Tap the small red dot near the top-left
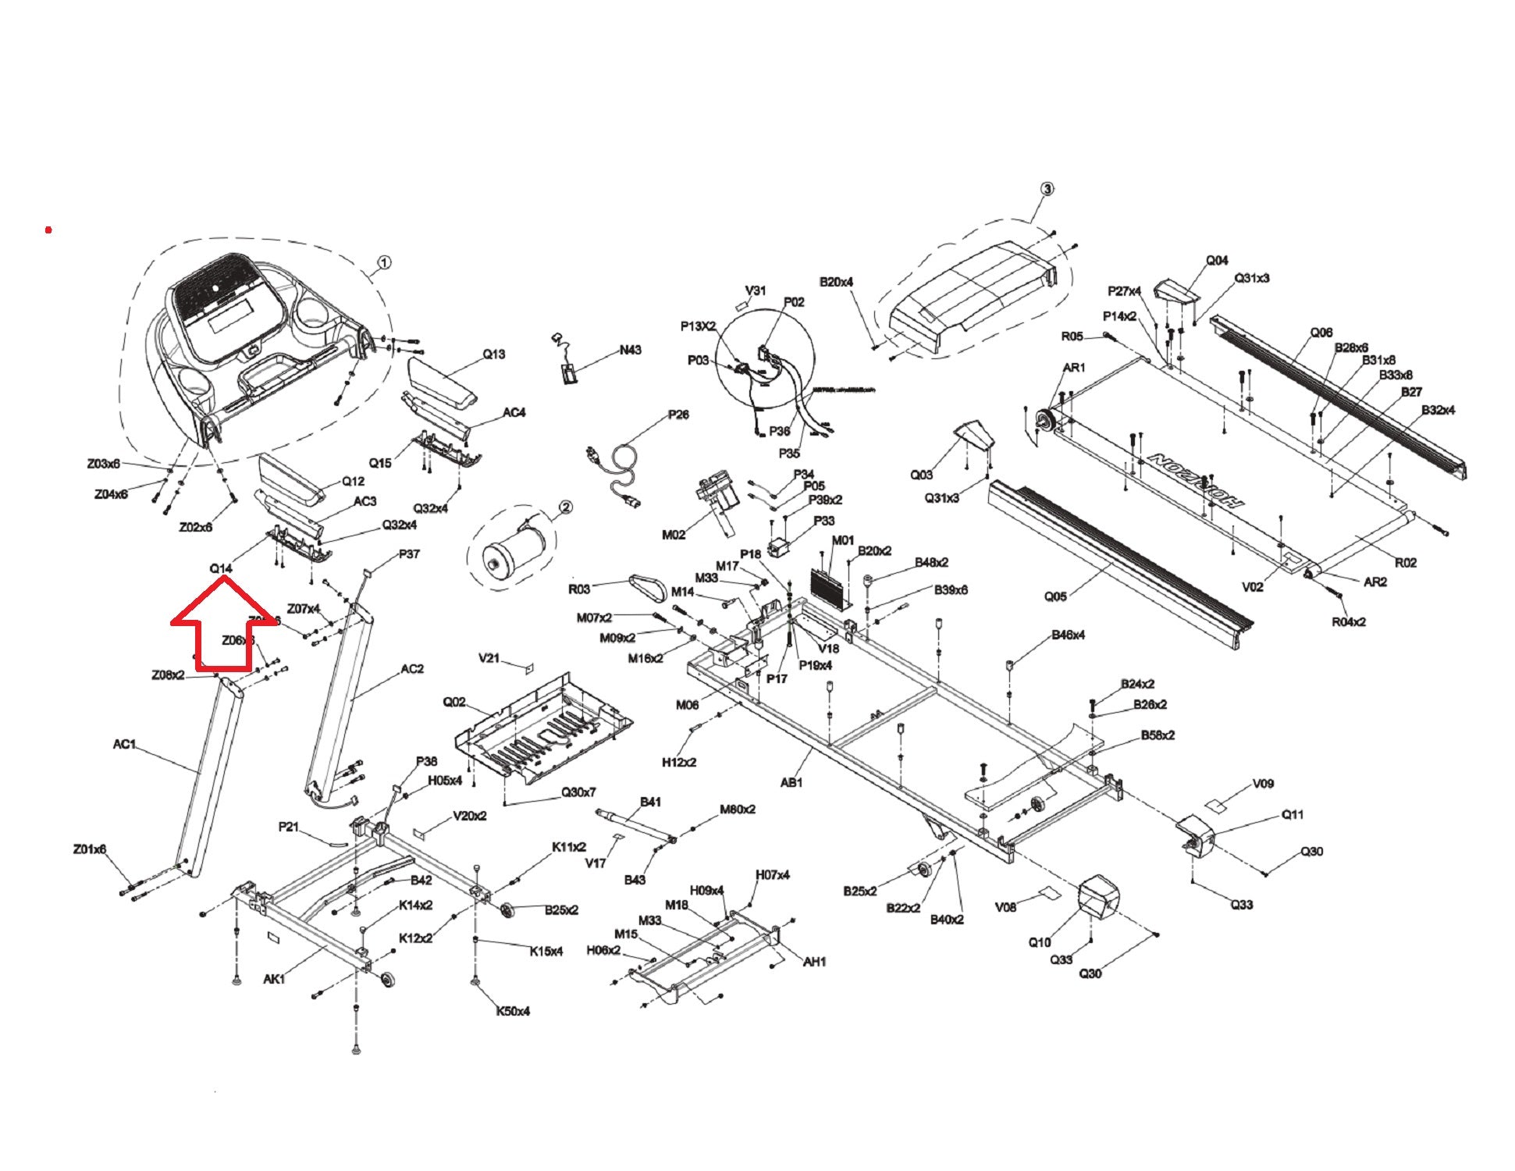[x=48, y=230]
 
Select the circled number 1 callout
[x=384, y=262]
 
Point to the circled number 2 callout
[x=565, y=507]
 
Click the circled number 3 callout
[x=1047, y=188]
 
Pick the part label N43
[x=630, y=350]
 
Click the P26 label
[x=678, y=415]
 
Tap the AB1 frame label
[x=791, y=781]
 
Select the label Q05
[x=1055, y=596]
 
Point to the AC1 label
[x=124, y=744]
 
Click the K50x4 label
[x=513, y=1011]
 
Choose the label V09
[x=1263, y=783]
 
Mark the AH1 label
[x=814, y=962]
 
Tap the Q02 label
[x=454, y=702]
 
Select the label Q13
[x=493, y=354]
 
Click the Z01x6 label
[x=89, y=849]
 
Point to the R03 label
[x=579, y=589]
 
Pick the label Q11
[x=1292, y=815]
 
